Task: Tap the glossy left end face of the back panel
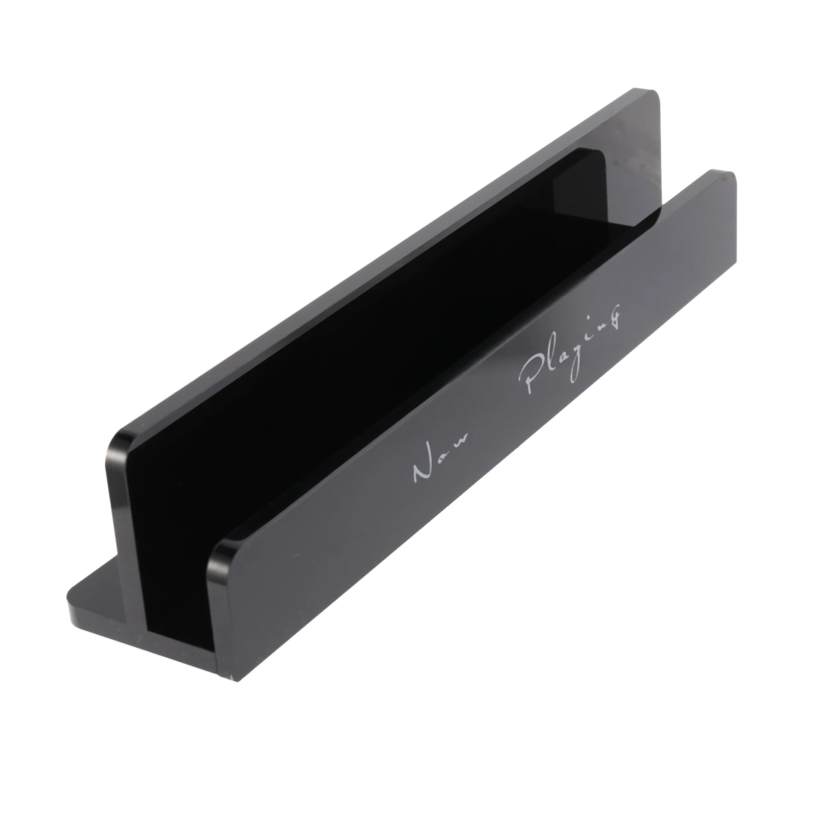(117, 514)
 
